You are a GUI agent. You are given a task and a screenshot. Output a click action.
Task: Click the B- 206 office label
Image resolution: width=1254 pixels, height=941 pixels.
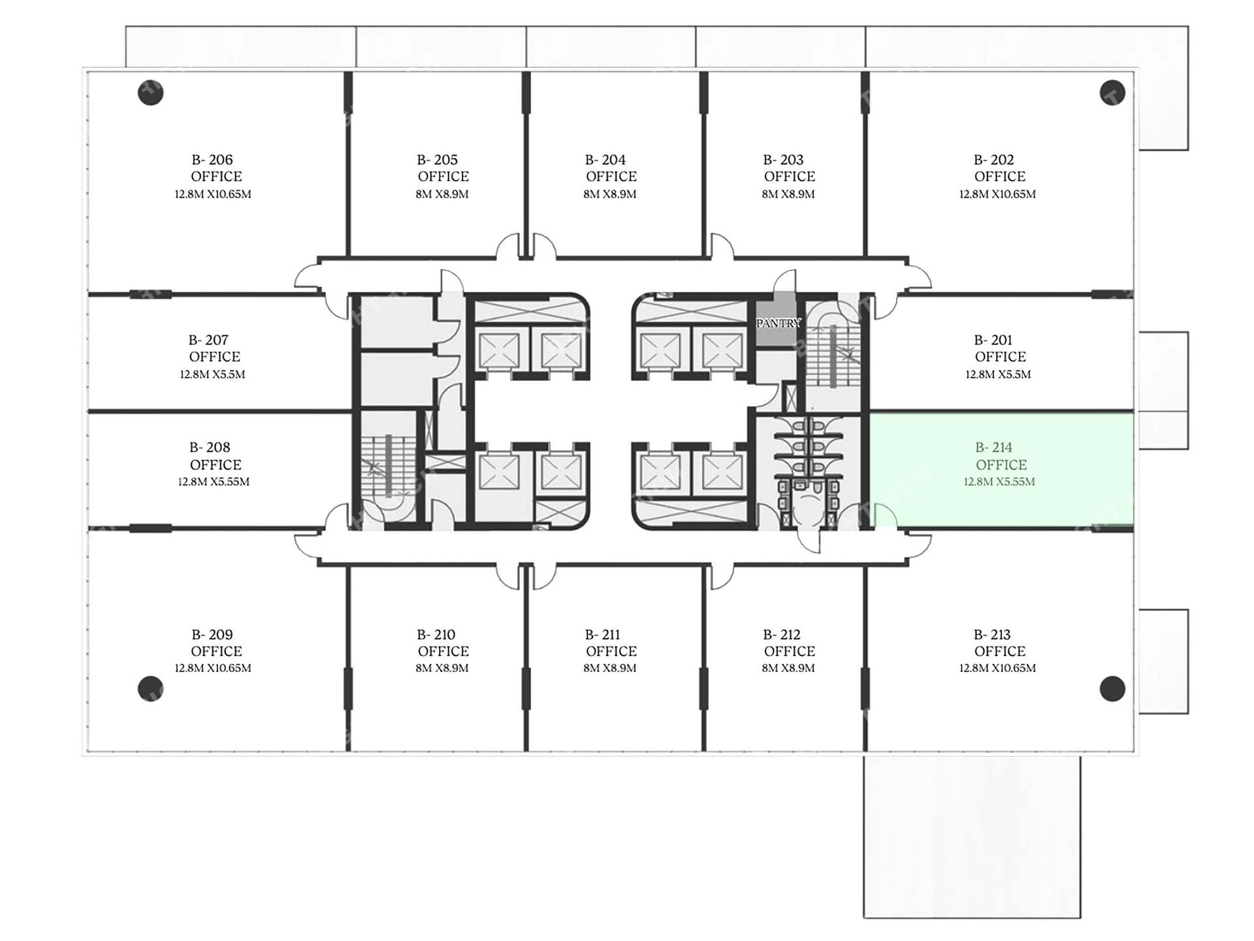[212, 160]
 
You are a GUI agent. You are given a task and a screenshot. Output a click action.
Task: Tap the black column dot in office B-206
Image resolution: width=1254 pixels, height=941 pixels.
[150, 92]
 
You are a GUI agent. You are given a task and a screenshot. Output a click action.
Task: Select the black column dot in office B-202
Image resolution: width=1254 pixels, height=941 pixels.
[1112, 92]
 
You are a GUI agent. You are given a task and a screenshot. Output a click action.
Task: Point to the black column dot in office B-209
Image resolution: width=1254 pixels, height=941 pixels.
[150, 689]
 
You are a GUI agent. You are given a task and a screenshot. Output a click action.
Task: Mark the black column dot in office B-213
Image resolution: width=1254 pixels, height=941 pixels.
[1112, 689]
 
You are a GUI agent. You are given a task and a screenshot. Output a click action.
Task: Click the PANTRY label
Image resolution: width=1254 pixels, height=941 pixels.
[778, 323]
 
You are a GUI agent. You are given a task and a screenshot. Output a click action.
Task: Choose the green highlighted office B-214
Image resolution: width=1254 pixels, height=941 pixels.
[1001, 469]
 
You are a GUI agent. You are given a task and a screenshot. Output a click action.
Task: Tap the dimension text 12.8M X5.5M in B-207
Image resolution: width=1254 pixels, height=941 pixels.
[212, 374]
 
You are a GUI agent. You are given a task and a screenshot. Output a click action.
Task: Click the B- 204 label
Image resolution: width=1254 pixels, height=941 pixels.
[605, 160]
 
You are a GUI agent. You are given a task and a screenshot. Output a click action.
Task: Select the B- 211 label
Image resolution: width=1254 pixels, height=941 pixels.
[602, 635]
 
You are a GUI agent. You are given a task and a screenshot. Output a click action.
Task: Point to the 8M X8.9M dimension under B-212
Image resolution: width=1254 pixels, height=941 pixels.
[788, 668]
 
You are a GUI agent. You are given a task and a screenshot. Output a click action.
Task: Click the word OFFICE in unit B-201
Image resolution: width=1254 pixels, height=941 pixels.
[1000, 357]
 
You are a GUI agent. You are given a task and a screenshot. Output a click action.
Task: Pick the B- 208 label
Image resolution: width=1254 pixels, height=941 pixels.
[210, 448]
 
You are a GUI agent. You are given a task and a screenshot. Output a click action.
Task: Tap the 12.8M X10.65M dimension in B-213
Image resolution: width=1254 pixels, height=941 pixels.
[997, 668]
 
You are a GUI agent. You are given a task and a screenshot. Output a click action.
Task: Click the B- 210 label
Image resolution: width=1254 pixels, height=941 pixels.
[436, 635]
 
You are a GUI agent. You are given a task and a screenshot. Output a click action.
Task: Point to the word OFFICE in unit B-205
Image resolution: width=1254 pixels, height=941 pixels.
[443, 176]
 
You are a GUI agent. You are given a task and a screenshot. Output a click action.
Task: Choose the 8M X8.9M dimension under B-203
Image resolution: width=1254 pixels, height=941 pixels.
[788, 194]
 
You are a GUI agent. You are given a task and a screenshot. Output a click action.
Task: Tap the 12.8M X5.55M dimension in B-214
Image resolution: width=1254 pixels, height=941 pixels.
[999, 482]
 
